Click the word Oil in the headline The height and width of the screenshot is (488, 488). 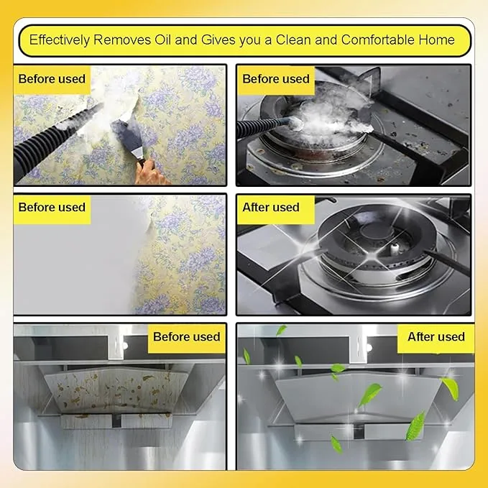pyautogui.click(x=162, y=40)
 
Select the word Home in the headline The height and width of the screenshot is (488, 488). pyautogui.click(x=437, y=40)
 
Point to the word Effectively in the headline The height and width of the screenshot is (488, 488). pyautogui.click(x=60, y=40)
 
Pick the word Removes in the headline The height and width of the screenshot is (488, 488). pyautogui.click(x=122, y=40)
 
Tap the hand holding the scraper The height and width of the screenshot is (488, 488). pyautogui.click(x=150, y=172)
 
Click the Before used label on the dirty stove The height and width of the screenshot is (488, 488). pyautogui.click(x=276, y=79)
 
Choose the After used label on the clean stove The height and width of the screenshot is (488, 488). pyautogui.click(x=271, y=208)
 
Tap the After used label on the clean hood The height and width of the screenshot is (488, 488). pyautogui.click(x=436, y=337)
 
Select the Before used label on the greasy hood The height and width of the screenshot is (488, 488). pyautogui.click(x=186, y=337)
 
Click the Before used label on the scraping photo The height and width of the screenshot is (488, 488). pyautogui.click(x=52, y=79)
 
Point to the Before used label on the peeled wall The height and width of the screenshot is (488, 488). pyautogui.click(x=52, y=208)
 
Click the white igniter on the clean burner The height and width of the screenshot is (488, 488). pyautogui.click(x=395, y=249)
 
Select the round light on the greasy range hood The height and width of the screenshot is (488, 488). pyautogui.click(x=125, y=346)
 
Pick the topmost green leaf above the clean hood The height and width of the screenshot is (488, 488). pyautogui.click(x=281, y=330)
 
